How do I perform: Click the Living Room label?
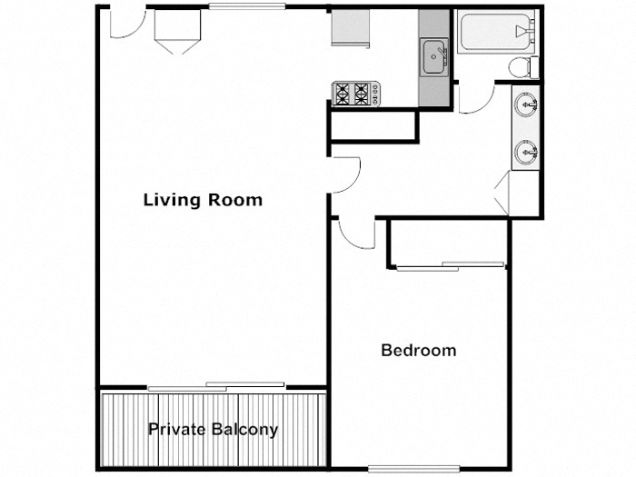(x=203, y=200)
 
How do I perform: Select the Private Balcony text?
(x=213, y=430)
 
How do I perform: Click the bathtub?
(x=494, y=33)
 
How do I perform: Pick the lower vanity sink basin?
(x=526, y=152)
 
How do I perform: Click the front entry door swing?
(x=124, y=24)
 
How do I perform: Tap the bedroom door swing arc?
(x=354, y=233)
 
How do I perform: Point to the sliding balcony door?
(x=217, y=386)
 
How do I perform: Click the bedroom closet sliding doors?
(x=451, y=266)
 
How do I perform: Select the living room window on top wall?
(x=247, y=7)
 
